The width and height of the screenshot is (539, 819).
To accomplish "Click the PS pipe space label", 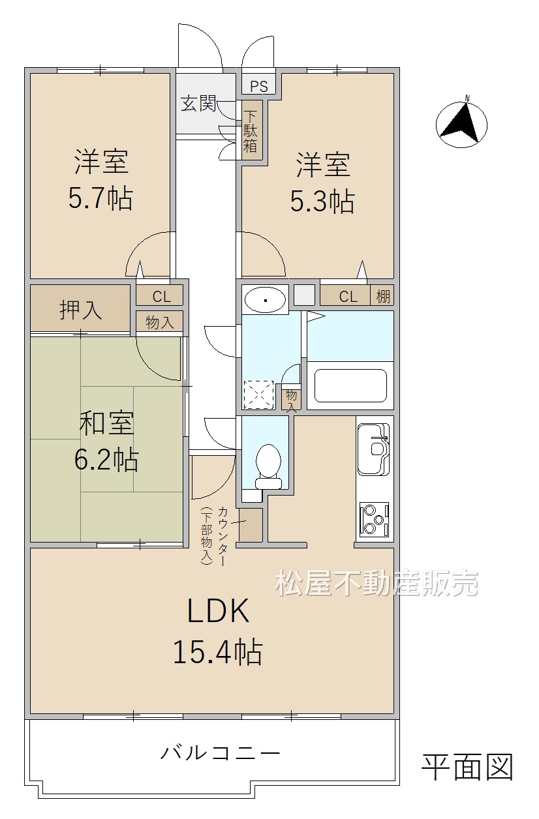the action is point(258,86).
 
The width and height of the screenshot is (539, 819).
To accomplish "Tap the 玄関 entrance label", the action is point(199,104).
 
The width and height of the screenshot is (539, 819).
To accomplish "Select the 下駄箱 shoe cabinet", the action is point(252,130).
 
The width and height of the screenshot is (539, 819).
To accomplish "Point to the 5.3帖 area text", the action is point(322,201).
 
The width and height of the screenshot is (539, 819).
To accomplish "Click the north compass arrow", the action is point(461,122).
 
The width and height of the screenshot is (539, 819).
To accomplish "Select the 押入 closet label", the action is point(80,310).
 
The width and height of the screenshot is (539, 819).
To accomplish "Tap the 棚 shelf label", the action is point(383,296).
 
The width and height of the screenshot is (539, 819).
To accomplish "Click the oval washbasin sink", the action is point(265,300).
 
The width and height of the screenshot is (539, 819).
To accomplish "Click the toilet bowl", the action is point(269,466).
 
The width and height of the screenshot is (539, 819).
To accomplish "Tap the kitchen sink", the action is point(373,449).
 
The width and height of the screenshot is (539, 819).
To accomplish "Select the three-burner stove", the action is point(374,520).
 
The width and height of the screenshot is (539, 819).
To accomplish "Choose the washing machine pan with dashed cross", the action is point(258,395).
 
